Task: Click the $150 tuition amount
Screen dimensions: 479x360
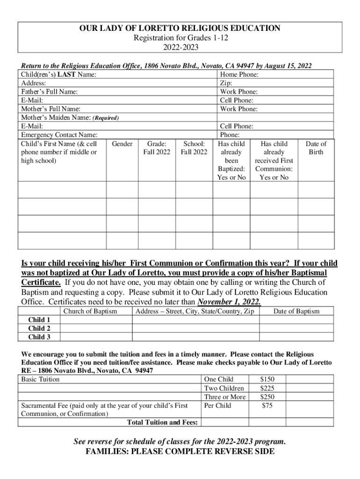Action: pos(267,379)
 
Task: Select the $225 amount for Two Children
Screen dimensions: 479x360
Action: pos(267,388)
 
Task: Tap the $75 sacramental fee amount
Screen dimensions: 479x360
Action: pos(267,406)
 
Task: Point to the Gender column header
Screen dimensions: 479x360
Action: pos(122,144)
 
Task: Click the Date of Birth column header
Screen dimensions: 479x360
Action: pos(316,148)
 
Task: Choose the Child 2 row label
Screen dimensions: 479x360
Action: pos(39,328)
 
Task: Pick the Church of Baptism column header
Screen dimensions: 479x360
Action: pos(90,311)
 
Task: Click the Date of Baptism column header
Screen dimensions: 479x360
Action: pos(296,311)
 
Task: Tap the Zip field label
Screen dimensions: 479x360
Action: pos(226,83)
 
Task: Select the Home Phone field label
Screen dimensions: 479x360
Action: pos(239,74)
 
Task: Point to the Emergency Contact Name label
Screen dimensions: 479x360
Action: pos(58,135)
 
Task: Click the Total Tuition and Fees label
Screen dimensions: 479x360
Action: pos(162,422)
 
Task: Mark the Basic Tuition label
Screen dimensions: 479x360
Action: pos(40,379)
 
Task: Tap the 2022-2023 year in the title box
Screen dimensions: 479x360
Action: pos(180,47)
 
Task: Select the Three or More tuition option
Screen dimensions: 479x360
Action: pos(225,397)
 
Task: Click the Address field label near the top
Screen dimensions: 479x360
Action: pos(33,83)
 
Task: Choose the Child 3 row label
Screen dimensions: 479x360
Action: pos(39,337)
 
